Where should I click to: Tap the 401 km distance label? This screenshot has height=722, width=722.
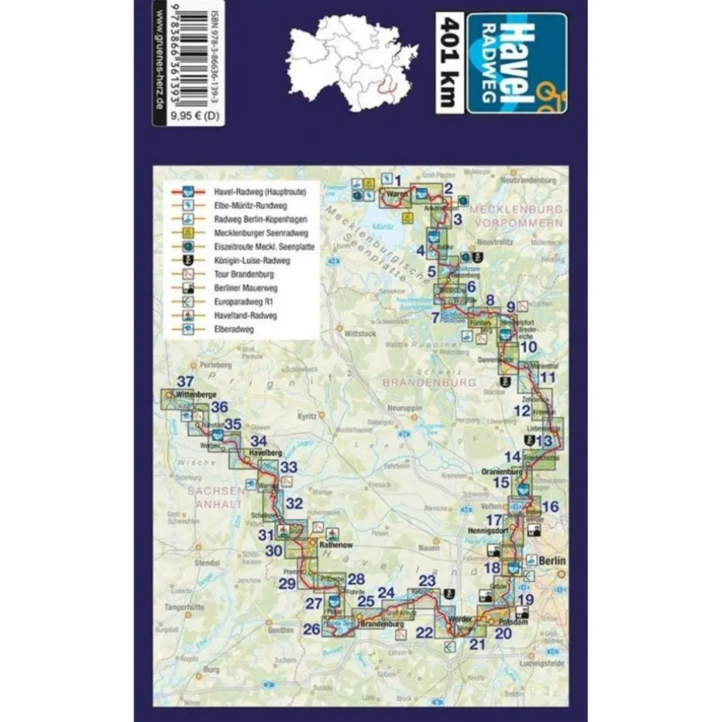449,63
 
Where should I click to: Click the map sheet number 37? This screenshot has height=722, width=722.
185,382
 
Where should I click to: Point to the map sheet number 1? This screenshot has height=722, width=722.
397,180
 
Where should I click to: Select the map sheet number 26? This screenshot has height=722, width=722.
312,629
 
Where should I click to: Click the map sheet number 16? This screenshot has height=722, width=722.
550,506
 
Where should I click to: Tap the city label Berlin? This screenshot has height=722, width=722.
553,561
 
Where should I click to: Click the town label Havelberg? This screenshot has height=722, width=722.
266,453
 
